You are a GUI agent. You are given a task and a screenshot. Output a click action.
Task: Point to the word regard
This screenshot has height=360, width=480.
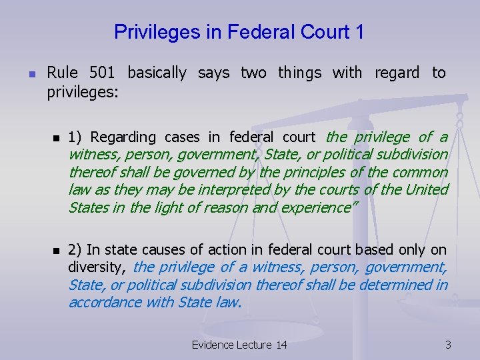[397, 73]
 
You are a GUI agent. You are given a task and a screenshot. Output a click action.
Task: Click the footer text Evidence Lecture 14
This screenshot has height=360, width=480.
[239, 345]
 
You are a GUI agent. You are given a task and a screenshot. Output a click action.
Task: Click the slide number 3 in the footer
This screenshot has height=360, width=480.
[448, 345]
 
